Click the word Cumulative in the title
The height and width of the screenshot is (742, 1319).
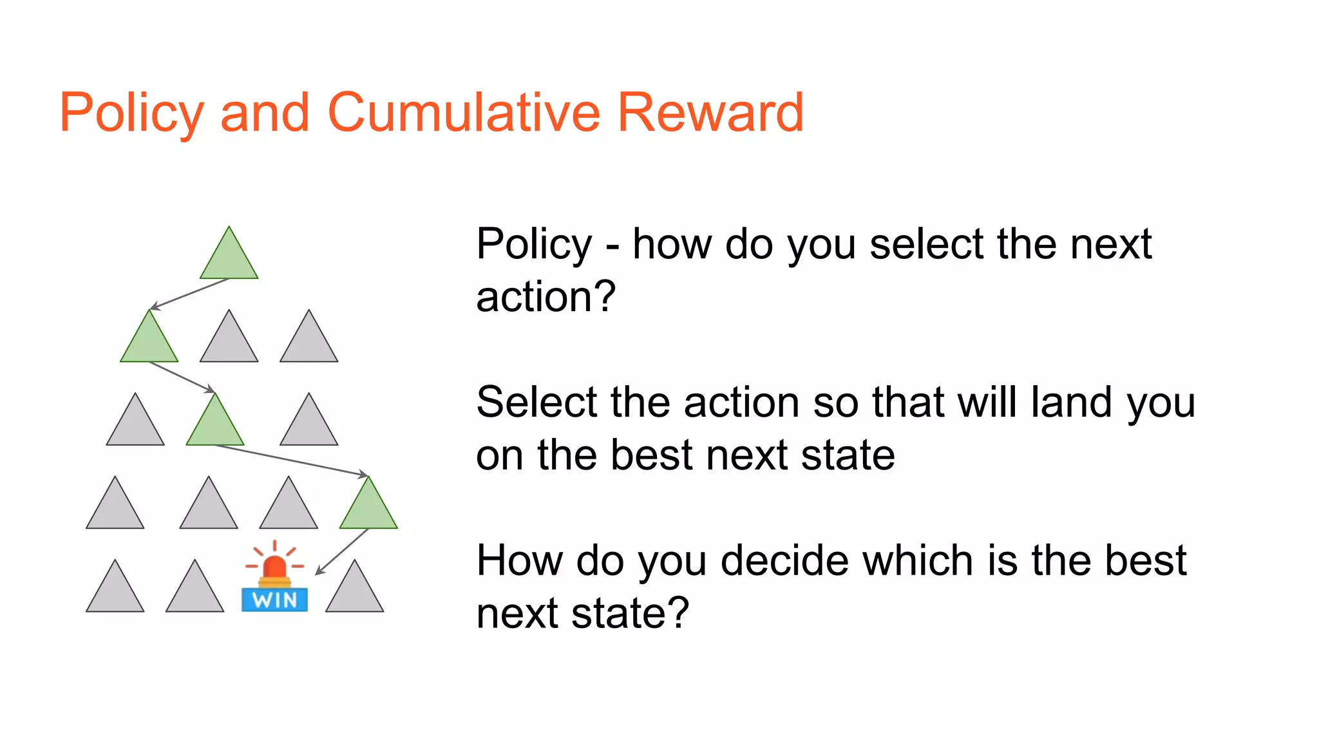(x=464, y=113)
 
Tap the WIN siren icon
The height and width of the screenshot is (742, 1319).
(x=275, y=576)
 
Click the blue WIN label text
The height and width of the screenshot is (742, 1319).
(x=275, y=600)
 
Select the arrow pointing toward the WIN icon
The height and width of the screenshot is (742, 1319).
(x=342, y=551)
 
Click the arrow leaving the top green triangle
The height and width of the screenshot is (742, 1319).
(x=189, y=294)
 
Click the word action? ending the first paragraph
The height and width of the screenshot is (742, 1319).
(x=546, y=297)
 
